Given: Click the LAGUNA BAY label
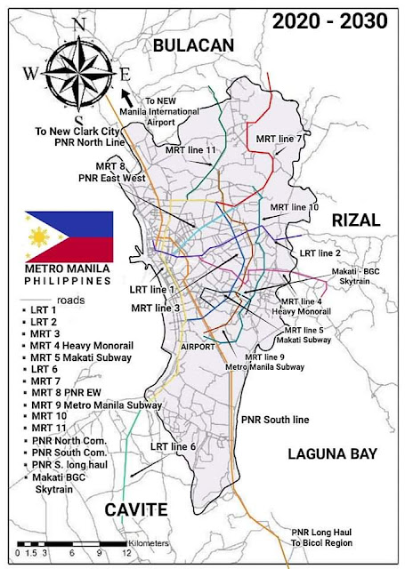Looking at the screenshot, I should (x=333, y=453).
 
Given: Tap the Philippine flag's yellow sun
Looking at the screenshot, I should (x=39, y=237).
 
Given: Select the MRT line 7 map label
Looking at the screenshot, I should (x=283, y=140).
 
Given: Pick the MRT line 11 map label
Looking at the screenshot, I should (x=192, y=150).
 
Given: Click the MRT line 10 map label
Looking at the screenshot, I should (x=294, y=206).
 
